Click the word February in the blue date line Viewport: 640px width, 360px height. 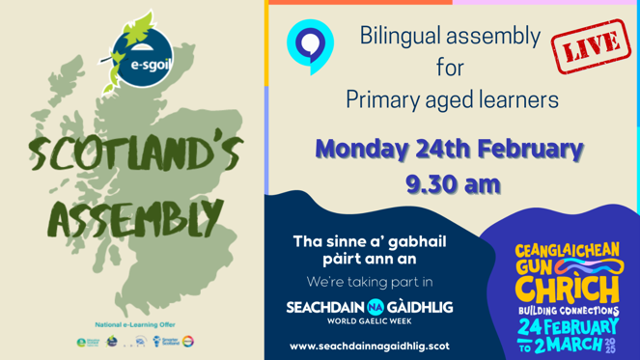point(529,150)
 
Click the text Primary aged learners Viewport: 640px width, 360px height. point(451,99)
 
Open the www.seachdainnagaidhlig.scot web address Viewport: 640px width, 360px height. point(370,345)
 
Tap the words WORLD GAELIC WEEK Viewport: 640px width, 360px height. point(370,320)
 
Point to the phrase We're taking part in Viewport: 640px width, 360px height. point(370,282)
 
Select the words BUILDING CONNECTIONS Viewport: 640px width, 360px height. point(569,311)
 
